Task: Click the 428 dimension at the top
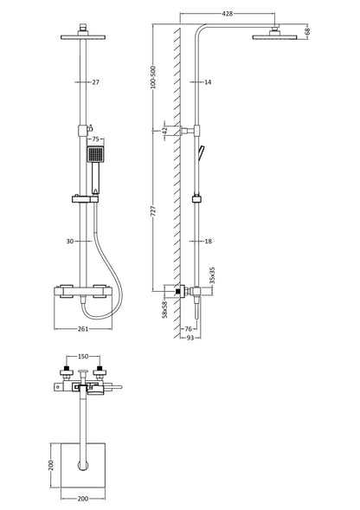[x=228, y=15]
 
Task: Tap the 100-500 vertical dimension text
[x=154, y=78]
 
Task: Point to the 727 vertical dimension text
[x=154, y=212]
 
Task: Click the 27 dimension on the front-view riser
[x=96, y=82]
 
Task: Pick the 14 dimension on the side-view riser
[x=208, y=82]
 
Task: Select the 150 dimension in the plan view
[x=83, y=355]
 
